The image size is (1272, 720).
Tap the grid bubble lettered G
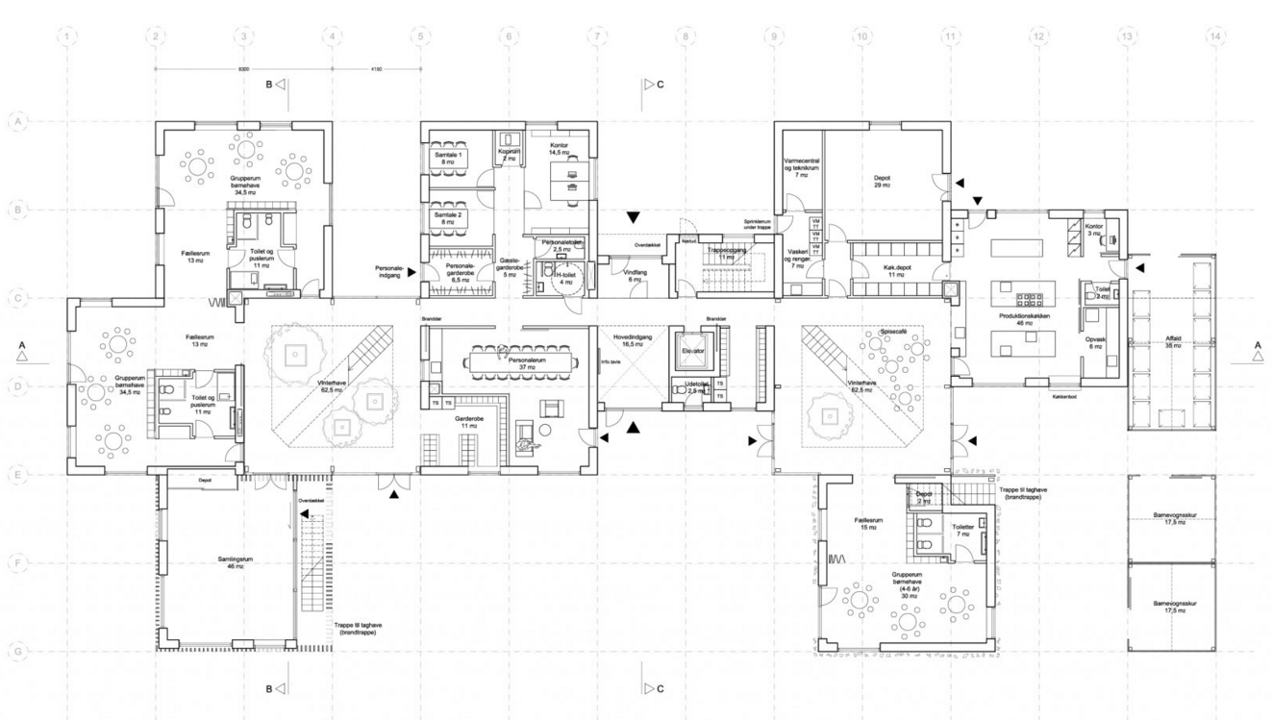pos(17,651)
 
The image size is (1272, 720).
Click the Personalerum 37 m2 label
pos(528,364)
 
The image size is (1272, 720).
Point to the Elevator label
pos(694,352)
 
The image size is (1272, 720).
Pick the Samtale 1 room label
pos(447,159)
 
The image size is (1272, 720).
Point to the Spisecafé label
pos(893,334)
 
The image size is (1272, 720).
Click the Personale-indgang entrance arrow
pos(412,272)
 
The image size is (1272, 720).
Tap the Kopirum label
pos(510,155)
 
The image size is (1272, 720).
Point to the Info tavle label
pos(610,362)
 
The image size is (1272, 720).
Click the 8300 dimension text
pos(243,68)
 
